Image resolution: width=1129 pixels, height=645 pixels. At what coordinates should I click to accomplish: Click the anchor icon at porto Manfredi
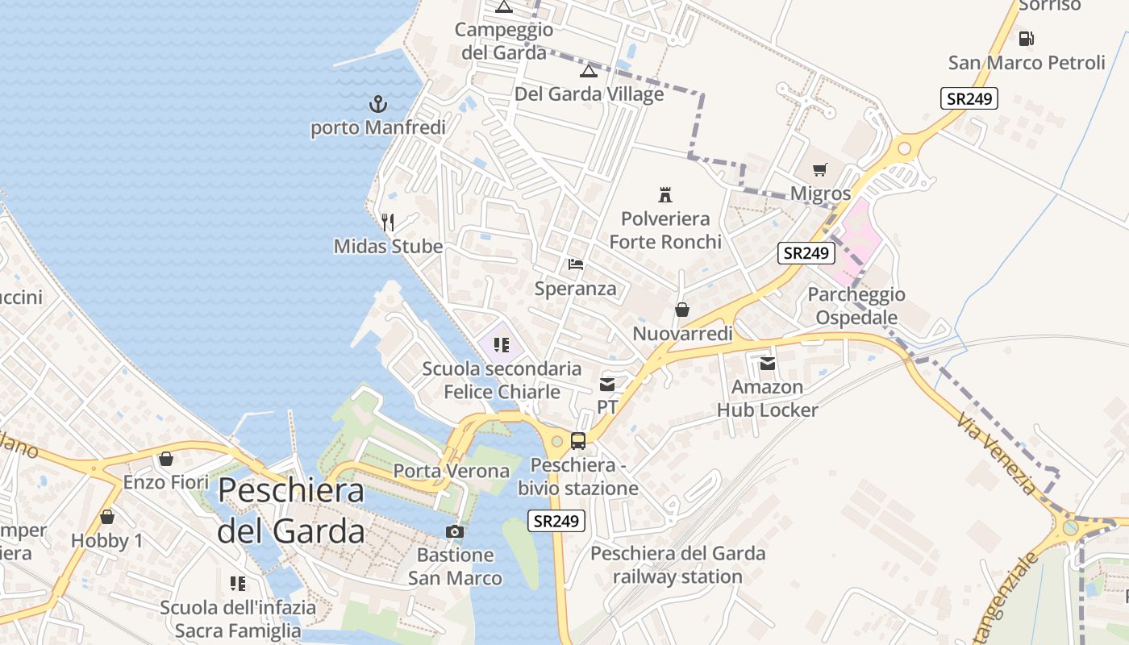[x=377, y=104]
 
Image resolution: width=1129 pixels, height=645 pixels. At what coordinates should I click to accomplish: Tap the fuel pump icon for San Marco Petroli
[x=1027, y=38]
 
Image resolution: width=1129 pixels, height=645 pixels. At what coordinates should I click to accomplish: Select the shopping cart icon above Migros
[x=820, y=169]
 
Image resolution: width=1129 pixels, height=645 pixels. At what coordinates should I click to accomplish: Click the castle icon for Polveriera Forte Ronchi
[x=665, y=194]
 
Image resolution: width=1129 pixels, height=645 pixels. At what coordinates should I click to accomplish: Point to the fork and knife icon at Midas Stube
[x=388, y=223]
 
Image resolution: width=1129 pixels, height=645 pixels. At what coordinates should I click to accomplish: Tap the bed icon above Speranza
[x=575, y=264]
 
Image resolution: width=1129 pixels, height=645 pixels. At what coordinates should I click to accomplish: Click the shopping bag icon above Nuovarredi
[x=682, y=310]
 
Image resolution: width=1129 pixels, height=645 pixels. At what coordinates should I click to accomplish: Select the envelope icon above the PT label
[x=607, y=384]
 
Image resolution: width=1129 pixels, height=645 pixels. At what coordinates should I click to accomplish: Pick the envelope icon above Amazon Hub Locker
[x=767, y=364]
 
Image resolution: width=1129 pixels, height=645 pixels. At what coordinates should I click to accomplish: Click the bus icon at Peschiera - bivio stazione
[x=578, y=440]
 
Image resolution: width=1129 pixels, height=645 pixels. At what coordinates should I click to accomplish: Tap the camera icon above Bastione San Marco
[x=455, y=531]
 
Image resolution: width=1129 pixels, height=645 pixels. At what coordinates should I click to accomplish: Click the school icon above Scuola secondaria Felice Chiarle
[x=502, y=345]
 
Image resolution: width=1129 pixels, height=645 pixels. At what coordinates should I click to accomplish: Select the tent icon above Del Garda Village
[x=589, y=71]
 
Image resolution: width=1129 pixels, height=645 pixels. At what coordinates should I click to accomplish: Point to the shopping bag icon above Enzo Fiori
[x=166, y=459]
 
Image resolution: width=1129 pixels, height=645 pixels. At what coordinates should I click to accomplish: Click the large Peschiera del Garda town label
[x=291, y=510]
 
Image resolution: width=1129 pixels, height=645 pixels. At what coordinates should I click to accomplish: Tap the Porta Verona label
[x=451, y=471]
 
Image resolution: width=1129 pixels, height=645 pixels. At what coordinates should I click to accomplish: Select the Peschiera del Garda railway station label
[x=677, y=565]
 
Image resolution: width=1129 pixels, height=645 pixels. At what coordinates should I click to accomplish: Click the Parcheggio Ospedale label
[x=856, y=306]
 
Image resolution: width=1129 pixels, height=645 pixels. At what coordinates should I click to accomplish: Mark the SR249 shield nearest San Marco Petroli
[x=969, y=98]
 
